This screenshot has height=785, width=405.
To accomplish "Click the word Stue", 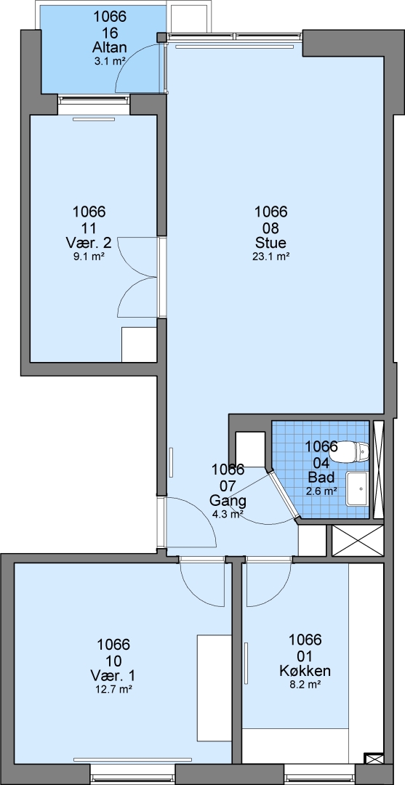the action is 270,243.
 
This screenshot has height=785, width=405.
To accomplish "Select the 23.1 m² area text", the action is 270,257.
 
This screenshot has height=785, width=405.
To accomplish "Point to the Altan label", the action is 110,48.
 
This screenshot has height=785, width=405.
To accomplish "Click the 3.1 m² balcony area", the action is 110,62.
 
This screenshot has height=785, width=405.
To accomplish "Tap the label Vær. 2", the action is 89,243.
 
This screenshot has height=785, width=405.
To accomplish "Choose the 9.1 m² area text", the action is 89,257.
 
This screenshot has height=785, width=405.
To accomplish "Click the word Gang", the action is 228,501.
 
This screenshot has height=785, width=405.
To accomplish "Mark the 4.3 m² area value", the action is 228,515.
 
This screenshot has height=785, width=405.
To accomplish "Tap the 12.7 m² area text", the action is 113,689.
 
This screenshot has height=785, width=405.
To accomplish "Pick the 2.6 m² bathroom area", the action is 321,491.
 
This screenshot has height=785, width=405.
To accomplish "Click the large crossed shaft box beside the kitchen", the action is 358,541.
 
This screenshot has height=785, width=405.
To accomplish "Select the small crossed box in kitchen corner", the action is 374,758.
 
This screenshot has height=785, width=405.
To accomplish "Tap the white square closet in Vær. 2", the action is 140,345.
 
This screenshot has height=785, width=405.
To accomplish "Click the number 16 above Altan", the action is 110,33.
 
